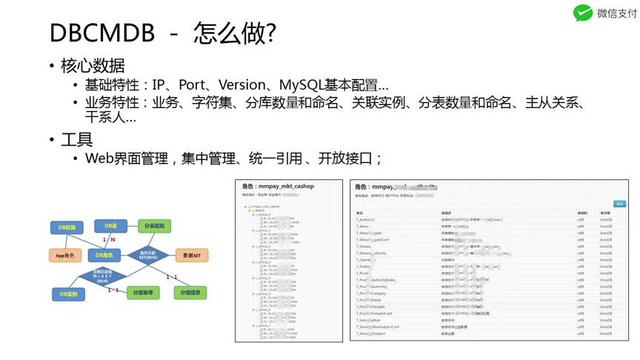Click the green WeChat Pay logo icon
point(583,13)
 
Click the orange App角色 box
point(67,255)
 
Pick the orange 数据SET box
point(192,255)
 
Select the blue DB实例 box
point(69,294)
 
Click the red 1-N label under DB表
point(107,239)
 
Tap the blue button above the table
point(619,204)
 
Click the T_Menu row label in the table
point(364,227)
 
